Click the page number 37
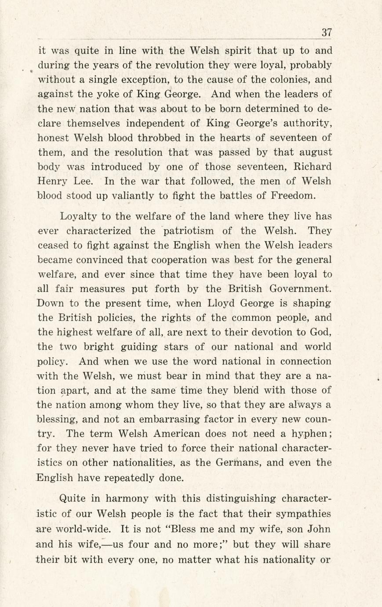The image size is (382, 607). click(326, 32)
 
